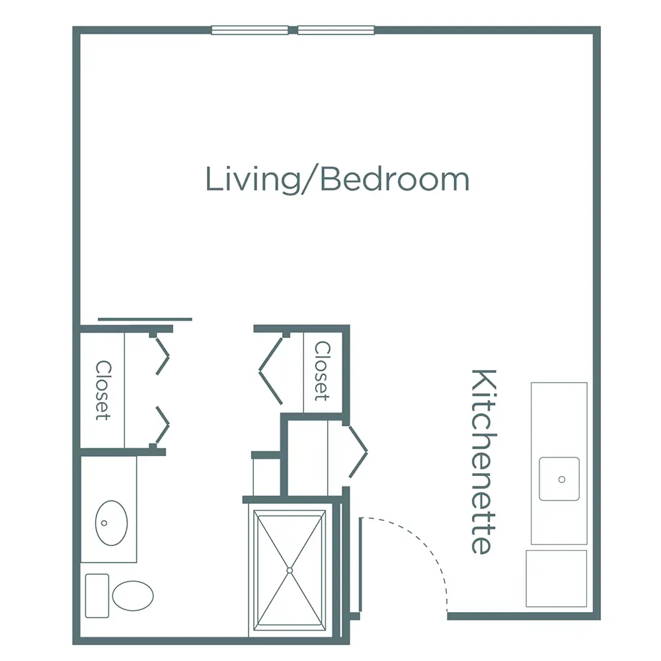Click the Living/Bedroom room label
[x=337, y=179]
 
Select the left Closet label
[x=102, y=390]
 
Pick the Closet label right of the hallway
[x=322, y=371]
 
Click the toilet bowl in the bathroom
[x=133, y=595]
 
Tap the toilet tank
[x=97, y=595]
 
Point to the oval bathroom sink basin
[x=111, y=522]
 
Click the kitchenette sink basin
[x=559, y=479]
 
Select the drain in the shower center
[x=290, y=570]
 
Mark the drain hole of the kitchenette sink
[x=562, y=479]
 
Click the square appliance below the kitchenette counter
[x=557, y=578]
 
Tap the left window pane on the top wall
[x=250, y=30]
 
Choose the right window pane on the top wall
[x=336, y=30]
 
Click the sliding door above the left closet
[x=145, y=319]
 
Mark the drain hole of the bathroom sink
[x=104, y=522]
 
